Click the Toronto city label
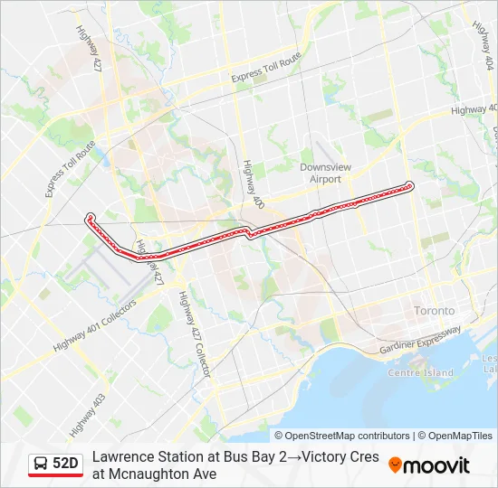point(433,310)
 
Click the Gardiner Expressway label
point(422,338)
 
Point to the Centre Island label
point(420,372)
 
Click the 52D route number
point(65,464)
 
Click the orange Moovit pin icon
point(395,465)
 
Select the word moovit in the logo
point(436,465)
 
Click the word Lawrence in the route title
point(121,456)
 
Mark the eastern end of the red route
point(409,186)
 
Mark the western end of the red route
point(90,217)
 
